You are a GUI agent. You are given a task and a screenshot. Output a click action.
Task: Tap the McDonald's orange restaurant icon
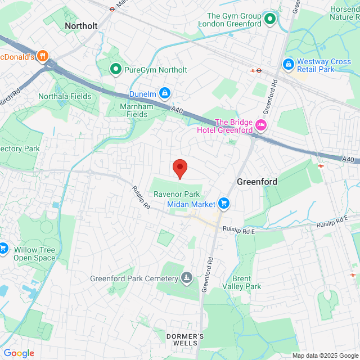click(44, 56)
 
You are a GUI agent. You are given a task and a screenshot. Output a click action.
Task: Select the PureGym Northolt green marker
click(116, 70)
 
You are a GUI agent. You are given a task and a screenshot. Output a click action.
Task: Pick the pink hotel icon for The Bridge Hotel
click(260, 125)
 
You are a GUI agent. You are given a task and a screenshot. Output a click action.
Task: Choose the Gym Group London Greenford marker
click(270, 20)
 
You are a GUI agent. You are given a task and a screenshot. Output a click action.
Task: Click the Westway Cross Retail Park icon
click(289, 65)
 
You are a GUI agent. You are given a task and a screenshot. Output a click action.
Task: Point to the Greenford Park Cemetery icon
click(187, 278)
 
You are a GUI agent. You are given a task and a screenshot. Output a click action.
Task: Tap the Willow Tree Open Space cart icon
click(3, 247)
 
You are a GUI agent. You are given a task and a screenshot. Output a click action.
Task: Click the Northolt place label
click(81, 26)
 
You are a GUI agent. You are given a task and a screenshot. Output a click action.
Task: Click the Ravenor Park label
click(177, 194)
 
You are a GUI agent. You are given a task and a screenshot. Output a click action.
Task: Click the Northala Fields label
click(64, 96)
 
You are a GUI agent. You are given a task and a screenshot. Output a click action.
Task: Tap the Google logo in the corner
click(19, 353)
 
